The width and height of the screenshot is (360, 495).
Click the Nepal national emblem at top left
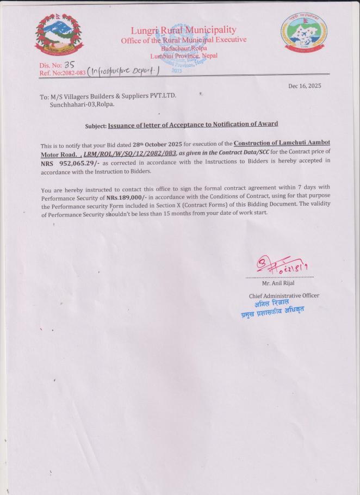click(59, 38)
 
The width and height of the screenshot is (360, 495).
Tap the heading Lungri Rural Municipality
click(184, 30)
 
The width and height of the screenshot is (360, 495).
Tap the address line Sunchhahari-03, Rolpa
click(82, 104)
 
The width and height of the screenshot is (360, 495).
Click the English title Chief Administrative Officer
click(284, 295)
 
